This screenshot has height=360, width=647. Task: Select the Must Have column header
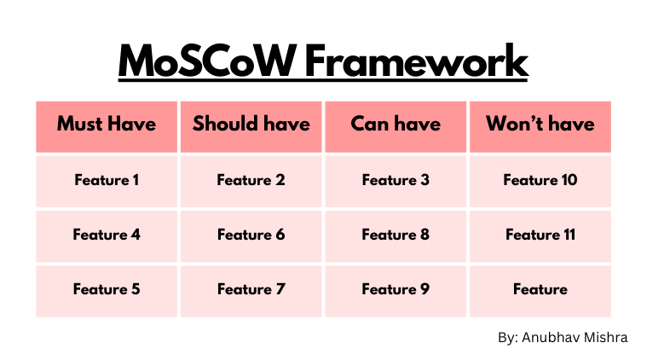pyautogui.click(x=107, y=125)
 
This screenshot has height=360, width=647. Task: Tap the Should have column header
pyautogui.click(x=251, y=125)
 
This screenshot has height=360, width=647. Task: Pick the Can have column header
pyautogui.click(x=396, y=125)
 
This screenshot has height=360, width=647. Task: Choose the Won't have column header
pyautogui.click(x=540, y=125)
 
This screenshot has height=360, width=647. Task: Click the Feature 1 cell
pyautogui.click(x=107, y=180)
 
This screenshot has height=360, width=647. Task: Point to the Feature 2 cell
pyautogui.click(x=251, y=180)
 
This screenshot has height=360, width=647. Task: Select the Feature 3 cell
pyautogui.click(x=396, y=180)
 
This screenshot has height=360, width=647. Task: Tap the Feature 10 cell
pyautogui.click(x=540, y=180)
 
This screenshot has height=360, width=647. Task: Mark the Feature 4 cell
pyautogui.click(x=107, y=235)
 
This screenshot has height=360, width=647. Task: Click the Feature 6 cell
pyautogui.click(x=251, y=235)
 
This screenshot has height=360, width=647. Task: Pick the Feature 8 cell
pyautogui.click(x=396, y=235)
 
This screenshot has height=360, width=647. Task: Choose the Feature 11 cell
pyautogui.click(x=540, y=235)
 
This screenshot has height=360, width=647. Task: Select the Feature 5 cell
pyautogui.click(x=107, y=289)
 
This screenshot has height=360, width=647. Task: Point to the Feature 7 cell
pyautogui.click(x=251, y=289)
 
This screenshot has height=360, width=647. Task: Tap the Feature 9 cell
pyautogui.click(x=396, y=289)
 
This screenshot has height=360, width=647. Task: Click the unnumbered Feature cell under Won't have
pyautogui.click(x=540, y=289)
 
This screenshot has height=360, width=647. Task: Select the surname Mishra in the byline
pyautogui.click(x=607, y=338)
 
